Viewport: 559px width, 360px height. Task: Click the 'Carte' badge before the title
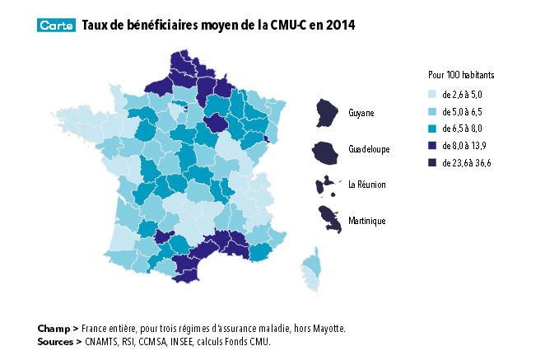click(x=57, y=26)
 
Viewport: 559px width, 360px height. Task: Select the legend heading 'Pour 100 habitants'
click(x=461, y=75)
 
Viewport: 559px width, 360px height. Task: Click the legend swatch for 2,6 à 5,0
click(x=433, y=94)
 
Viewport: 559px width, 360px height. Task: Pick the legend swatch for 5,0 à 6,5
click(x=433, y=111)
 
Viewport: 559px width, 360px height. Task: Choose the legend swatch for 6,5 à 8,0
click(x=433, y=129)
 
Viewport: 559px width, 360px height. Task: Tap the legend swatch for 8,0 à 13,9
click(x=433, y=146)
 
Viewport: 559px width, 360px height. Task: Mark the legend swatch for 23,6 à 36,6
click(x=433, y=163)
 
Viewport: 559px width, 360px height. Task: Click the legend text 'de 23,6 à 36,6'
click(x=467, y=163)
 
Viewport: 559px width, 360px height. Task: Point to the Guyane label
click(x=361, y=112)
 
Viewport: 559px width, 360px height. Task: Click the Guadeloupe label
click(x=369, y=149)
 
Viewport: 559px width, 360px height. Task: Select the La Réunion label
click(x=366, y=185)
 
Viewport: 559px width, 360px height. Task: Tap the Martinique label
click(x=366, y=221)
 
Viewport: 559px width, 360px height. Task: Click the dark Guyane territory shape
click(x=328, y=113)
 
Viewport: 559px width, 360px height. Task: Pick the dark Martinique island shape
click(x=330, y=220)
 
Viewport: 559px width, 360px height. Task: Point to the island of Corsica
click(x=313, y=271)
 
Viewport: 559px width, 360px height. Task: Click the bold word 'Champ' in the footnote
click(x=54, y=328)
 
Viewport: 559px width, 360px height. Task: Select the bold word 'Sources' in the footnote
click(x=56, y=340)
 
